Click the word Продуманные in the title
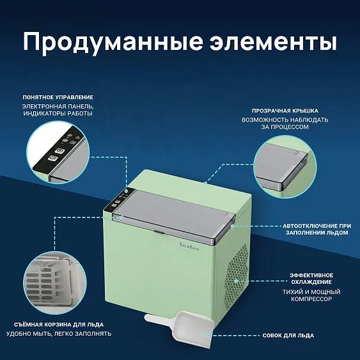(113, 43)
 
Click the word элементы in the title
(273, 42)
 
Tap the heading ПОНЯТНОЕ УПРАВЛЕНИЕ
(58, 97)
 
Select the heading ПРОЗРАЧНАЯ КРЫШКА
(285, 111)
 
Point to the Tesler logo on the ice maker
(189, 246)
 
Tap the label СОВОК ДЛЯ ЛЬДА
(288, 336)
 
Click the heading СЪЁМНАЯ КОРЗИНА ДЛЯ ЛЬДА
(59, 325)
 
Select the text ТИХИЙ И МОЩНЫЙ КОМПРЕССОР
(311, 295)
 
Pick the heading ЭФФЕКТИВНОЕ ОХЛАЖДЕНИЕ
(311, 279)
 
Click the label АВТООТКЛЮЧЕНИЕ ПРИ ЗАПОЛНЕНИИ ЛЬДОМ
(317, 230)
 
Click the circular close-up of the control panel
(58, 152)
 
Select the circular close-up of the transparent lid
(285, 167)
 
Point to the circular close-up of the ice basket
(55, 283)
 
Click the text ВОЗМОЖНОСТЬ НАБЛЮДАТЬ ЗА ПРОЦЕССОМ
(285, 123)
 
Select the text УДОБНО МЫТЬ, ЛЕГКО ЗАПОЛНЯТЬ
(59, 334)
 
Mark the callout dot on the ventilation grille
(236, 281)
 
